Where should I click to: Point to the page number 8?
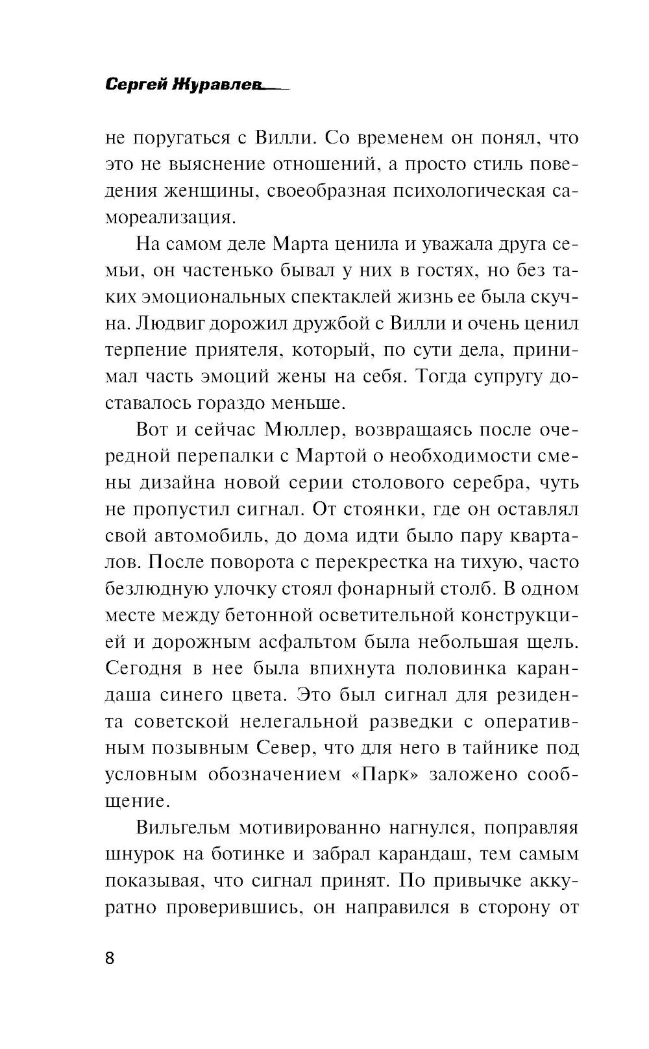pos(109,957)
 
